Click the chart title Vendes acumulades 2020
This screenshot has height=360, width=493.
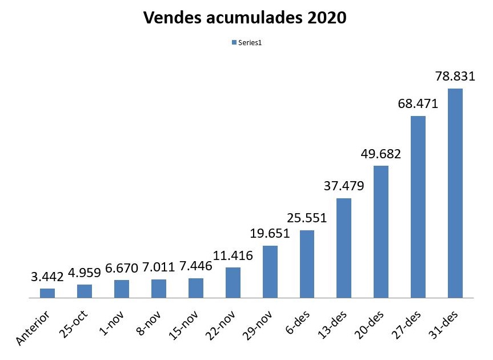(x=245, y=18)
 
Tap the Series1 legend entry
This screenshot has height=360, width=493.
(x=246, y=43)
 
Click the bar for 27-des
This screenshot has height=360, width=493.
(x=418, y=207)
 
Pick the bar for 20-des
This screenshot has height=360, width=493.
(x=380, y=231)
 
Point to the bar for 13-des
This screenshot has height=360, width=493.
(x=343, y=248)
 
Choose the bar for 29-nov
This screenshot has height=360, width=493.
(x=270, y=271)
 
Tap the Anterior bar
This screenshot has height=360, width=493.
(x=47, y=293)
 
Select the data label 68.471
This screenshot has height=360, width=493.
(x=418, y=105)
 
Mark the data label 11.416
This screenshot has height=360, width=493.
(x=233, y=255)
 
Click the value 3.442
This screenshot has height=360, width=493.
(x=47, y=277)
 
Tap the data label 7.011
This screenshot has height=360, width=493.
(x=158, y=267)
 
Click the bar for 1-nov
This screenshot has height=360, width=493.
(x=122, y=289)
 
